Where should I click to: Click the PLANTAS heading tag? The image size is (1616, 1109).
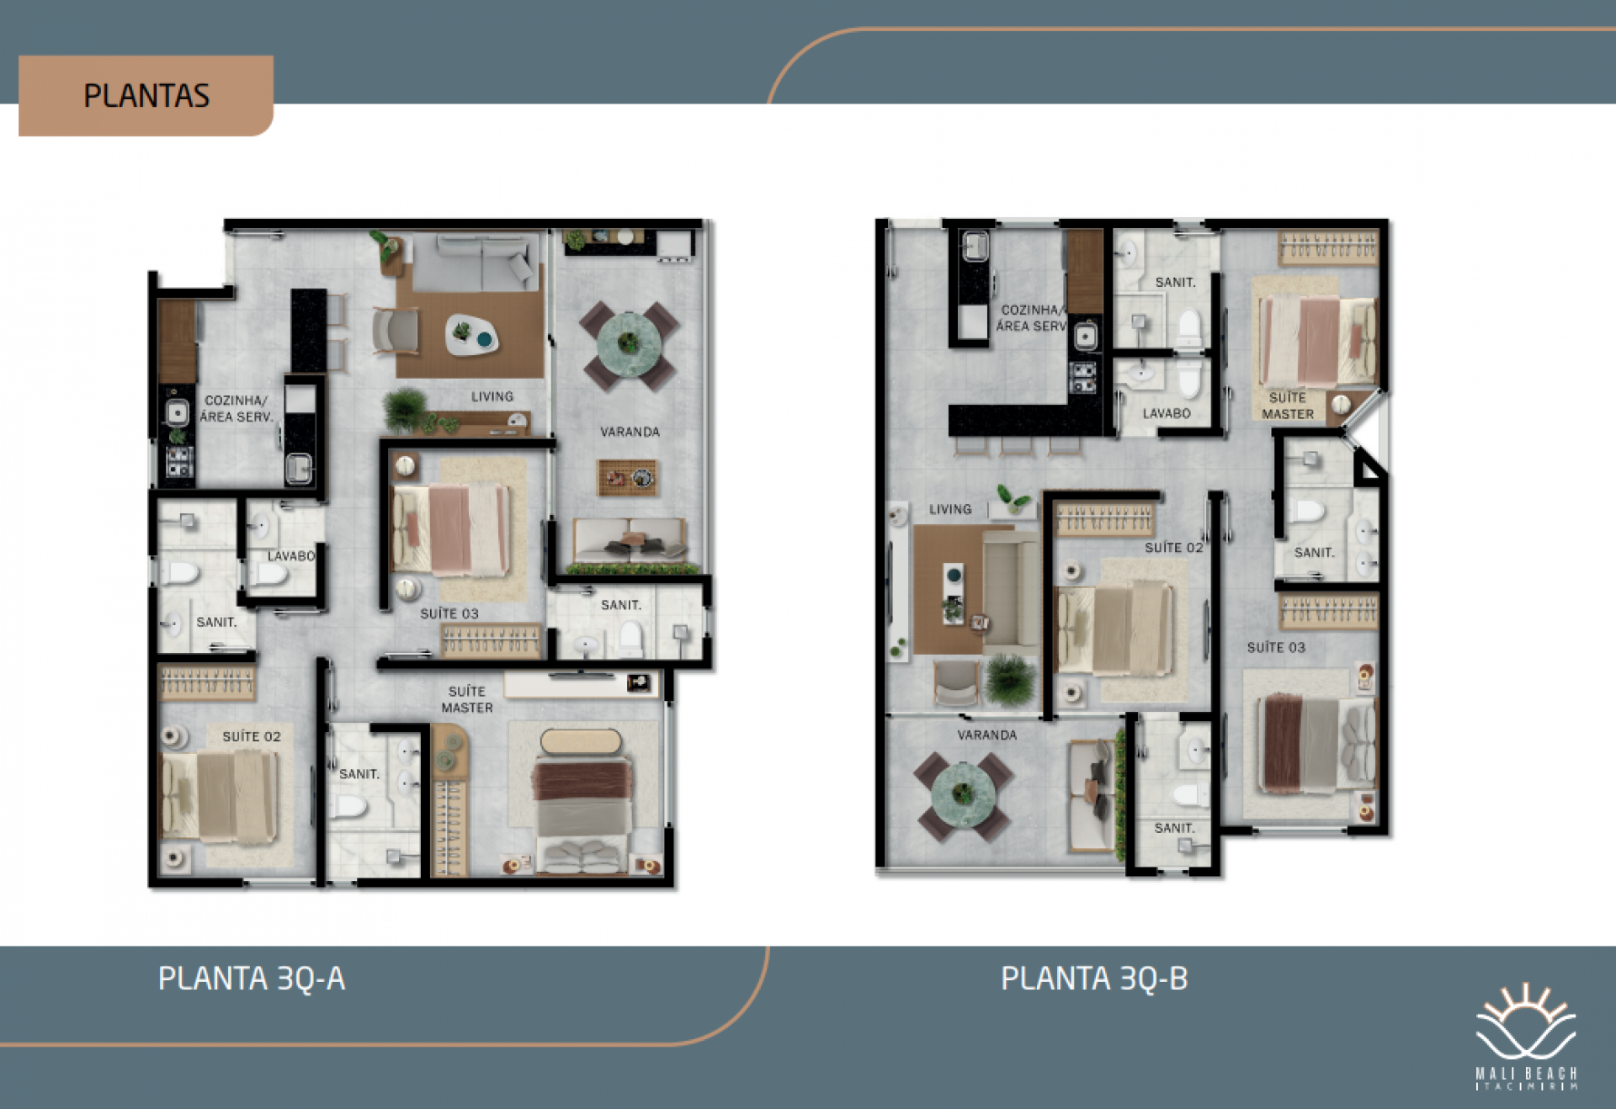pos(146,96)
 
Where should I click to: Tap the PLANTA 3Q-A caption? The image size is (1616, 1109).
pos(252,979)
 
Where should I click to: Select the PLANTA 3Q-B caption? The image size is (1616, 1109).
pos(1094,979)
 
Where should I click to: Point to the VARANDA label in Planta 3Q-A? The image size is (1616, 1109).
pos(630,432)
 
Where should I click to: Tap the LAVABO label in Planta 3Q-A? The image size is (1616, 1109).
pos(291,556)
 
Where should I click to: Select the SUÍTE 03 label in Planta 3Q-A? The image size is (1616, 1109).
pos(449,613)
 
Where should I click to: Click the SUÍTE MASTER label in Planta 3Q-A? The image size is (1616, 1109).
pos(467,699)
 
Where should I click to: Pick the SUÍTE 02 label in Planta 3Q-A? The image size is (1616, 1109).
pos(252,736)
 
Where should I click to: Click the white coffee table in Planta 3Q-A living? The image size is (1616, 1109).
pos(471,335)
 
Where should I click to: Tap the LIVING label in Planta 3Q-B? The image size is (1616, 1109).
pos(950,509)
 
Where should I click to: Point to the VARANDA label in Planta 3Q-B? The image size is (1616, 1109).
pos(987,735)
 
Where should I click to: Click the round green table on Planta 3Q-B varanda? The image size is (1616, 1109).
pos(963,793)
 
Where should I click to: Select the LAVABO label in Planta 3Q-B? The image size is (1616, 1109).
pos(1167,413)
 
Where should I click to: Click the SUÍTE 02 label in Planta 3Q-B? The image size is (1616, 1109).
pos(1174,547)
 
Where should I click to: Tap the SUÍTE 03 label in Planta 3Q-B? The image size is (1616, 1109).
pos(1276,647)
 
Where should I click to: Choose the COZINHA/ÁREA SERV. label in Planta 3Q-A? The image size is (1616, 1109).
pos(237,408)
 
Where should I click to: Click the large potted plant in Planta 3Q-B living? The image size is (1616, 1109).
pos(1010,679)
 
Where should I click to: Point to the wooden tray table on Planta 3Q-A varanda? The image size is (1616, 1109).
pos(627,477)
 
